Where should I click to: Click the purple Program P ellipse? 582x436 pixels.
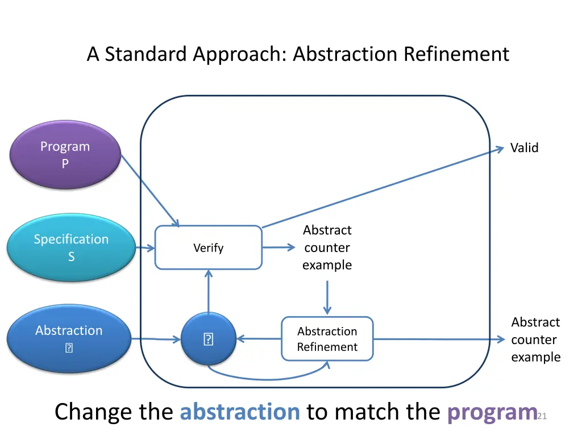(65, 154)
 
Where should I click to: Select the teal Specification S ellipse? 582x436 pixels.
(71, 248)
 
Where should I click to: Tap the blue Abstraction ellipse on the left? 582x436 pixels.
(69, 338)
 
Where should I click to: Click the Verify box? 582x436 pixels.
(208, 248)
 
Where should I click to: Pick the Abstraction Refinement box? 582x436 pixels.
(327, 339)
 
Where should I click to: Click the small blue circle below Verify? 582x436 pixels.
(208, 339)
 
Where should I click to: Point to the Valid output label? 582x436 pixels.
(524, 148)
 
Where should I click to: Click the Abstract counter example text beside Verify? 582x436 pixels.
(327, 248)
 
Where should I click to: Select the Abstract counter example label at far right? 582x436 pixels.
(535, 339)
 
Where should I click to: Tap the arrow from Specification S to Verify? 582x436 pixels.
(145, 248)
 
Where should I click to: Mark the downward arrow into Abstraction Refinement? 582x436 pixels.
(327, 297)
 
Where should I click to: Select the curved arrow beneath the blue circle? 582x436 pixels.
(267, 378)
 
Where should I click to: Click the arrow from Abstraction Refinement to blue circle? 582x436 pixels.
(259, 339)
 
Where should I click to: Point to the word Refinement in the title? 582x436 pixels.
(456, 54)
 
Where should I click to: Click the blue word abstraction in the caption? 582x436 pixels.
(240, 412)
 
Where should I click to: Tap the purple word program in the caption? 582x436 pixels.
(492, 412)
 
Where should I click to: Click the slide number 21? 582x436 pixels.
(541, 417)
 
